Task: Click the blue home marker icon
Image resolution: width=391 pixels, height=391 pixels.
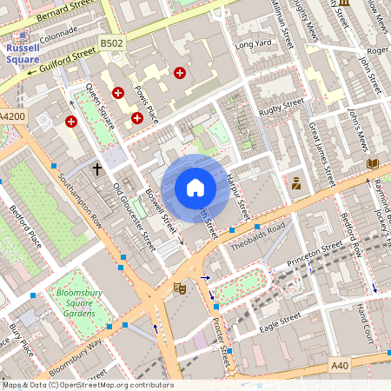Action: pyautogui.click(x=195, y=188)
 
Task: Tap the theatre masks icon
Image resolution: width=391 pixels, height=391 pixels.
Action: pyautogui.click(x=180, y=287)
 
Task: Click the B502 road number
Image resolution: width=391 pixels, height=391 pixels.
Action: pyautogui.click(x=111, y=42)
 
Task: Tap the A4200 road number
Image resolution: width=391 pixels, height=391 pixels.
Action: pyautogui.click(x=13, y=116)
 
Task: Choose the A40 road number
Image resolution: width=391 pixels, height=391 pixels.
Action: pyautogui.click(x=340, y=366)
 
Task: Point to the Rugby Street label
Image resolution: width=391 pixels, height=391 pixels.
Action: pyautogui.click(x=281, y=104)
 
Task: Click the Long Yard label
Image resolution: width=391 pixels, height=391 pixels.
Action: pyautogui.click(x=253, y=43)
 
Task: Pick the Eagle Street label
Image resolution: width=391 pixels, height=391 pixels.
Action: pyautogui.click(x=279, y=322)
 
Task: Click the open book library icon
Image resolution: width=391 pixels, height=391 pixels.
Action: pyautogui.click(x=373, y=163)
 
